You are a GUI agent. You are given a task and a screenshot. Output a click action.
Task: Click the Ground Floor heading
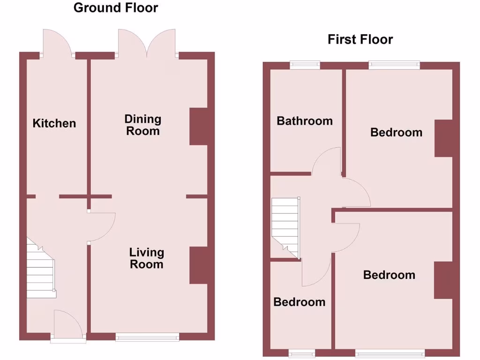[116, 8]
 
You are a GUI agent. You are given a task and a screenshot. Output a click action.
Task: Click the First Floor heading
[360, 40]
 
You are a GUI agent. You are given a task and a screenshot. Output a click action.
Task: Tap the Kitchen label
[54, 123]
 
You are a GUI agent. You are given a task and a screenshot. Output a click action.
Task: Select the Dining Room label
[142, 125]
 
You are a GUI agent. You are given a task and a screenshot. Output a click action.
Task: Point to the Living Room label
[147, 258]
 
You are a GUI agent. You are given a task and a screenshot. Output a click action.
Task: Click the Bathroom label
[305, 121]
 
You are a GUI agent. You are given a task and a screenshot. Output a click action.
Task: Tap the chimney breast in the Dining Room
[198, 127]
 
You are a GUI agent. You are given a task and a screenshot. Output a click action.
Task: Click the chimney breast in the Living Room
[198, 265]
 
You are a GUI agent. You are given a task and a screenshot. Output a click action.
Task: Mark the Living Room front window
[147, 336]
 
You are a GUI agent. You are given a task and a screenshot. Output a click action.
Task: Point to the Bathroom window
[305, 65]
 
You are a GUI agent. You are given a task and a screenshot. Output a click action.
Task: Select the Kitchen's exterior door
[57, 43]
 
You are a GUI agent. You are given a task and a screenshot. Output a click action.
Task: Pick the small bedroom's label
[299, 302]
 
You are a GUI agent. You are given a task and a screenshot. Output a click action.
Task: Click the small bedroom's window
[302, 353]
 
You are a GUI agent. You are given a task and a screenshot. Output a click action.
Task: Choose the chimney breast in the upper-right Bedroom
[443, 138]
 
